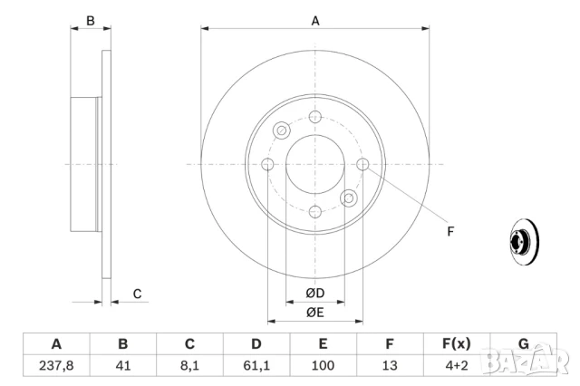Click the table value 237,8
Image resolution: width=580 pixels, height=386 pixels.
click(56, 366)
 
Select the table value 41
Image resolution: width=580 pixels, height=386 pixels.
click(123, 366)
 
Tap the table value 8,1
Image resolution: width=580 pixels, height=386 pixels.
click(189, 366)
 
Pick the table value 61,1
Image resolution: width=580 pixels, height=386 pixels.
click(256, 366)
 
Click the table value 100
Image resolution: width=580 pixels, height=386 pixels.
click(323, 366)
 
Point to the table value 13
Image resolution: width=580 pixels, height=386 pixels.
click(390, 366)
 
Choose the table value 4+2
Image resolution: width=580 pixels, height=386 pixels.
click(456, 366)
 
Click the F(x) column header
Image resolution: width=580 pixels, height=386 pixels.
click(456, 343)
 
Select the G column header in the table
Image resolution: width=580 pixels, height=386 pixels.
click(523, 343)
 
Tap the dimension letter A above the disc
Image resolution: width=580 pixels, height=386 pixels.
click(315, 21)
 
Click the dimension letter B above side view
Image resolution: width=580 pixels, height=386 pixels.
click(90, 21)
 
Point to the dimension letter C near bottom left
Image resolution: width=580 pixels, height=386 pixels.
click(137, 294)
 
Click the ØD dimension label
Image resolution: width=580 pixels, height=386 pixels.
click(314, 294)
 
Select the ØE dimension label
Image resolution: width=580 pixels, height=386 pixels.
click(314, 313)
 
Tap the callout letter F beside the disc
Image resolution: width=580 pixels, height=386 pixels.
click(449, 230)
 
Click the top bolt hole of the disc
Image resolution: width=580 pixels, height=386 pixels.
click(315, 117)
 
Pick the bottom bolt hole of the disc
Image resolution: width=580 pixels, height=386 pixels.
click(315, 211)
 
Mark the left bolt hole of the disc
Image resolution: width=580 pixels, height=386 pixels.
click(268, 164)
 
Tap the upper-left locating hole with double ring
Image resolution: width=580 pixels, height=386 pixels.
click(282, 130)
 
